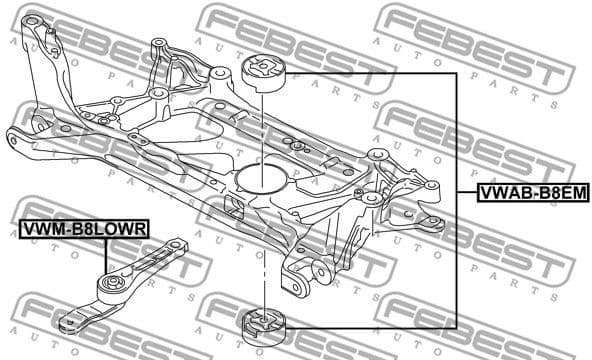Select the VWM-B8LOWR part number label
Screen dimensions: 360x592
[x=84, y=230]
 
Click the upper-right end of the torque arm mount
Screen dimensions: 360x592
[x=178, y=246]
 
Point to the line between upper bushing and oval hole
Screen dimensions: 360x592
[x=262, y=125]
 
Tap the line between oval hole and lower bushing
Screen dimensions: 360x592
[x=262, y=250]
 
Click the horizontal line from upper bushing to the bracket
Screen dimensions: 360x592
[x=370, y=73]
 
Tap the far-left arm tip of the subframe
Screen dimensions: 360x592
[x=14, y=135]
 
